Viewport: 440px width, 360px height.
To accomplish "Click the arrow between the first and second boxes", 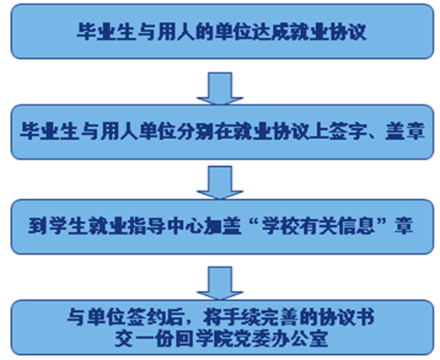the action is [x=220, y=89].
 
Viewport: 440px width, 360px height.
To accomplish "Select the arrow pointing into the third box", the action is [x=220, y=183].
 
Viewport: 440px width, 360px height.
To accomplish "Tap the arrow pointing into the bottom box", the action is [x=220, y=283].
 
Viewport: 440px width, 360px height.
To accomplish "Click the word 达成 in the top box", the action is [x=271, y=31].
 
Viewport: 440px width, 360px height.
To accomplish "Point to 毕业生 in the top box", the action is [x=105, y=31].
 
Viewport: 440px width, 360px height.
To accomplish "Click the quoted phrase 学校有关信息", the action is [x=319, y=226].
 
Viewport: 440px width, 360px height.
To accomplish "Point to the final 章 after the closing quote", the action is [x=404, y=226].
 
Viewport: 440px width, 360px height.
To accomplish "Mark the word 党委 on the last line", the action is [x=251, y=339].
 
